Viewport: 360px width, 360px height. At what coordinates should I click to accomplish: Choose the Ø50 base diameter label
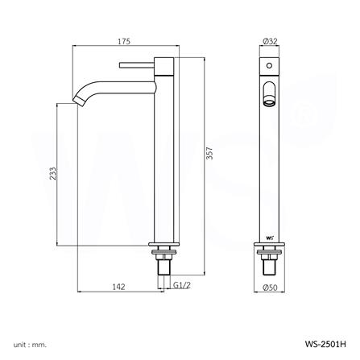tap(269, 288)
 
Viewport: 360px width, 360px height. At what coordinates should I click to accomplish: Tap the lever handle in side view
tap(137, 63)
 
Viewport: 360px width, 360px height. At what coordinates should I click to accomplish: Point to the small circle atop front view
tap(269, 63)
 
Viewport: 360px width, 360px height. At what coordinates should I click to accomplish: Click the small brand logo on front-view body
tap(268, 236)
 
